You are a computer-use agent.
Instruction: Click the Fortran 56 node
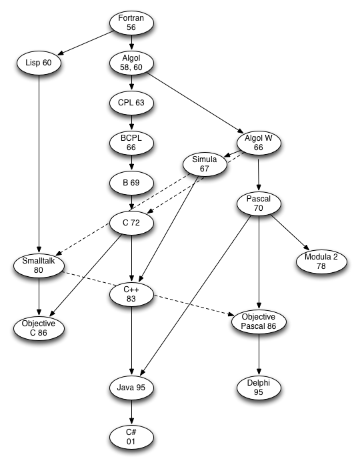click(131, 23)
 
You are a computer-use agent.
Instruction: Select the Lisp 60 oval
click(39, 63)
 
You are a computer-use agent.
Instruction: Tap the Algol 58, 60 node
click(131, 63)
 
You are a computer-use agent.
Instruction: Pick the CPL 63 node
click(131, 103)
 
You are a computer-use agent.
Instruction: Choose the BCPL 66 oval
click(131, 143)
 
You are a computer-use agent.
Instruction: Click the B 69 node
click(131, 183)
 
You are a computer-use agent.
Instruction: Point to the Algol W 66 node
click(259, 143)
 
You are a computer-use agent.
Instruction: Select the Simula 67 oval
click(205, 164)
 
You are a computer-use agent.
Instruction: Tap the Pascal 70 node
click(259, 203)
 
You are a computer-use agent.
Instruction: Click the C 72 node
click(131, 223)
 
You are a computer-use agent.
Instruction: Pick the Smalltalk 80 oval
click(39, 266)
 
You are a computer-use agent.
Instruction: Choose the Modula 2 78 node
click(321, 262)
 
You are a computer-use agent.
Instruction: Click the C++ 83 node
click(131, 294)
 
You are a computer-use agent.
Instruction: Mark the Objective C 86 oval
click(39, 328)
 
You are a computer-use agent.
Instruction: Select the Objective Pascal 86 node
click(259, 322)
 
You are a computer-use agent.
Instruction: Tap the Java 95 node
click(131, 388)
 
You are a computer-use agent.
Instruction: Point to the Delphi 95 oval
click(259, 388)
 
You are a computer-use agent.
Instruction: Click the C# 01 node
click(131, 437)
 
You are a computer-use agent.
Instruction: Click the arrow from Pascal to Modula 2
click(290, 232)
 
